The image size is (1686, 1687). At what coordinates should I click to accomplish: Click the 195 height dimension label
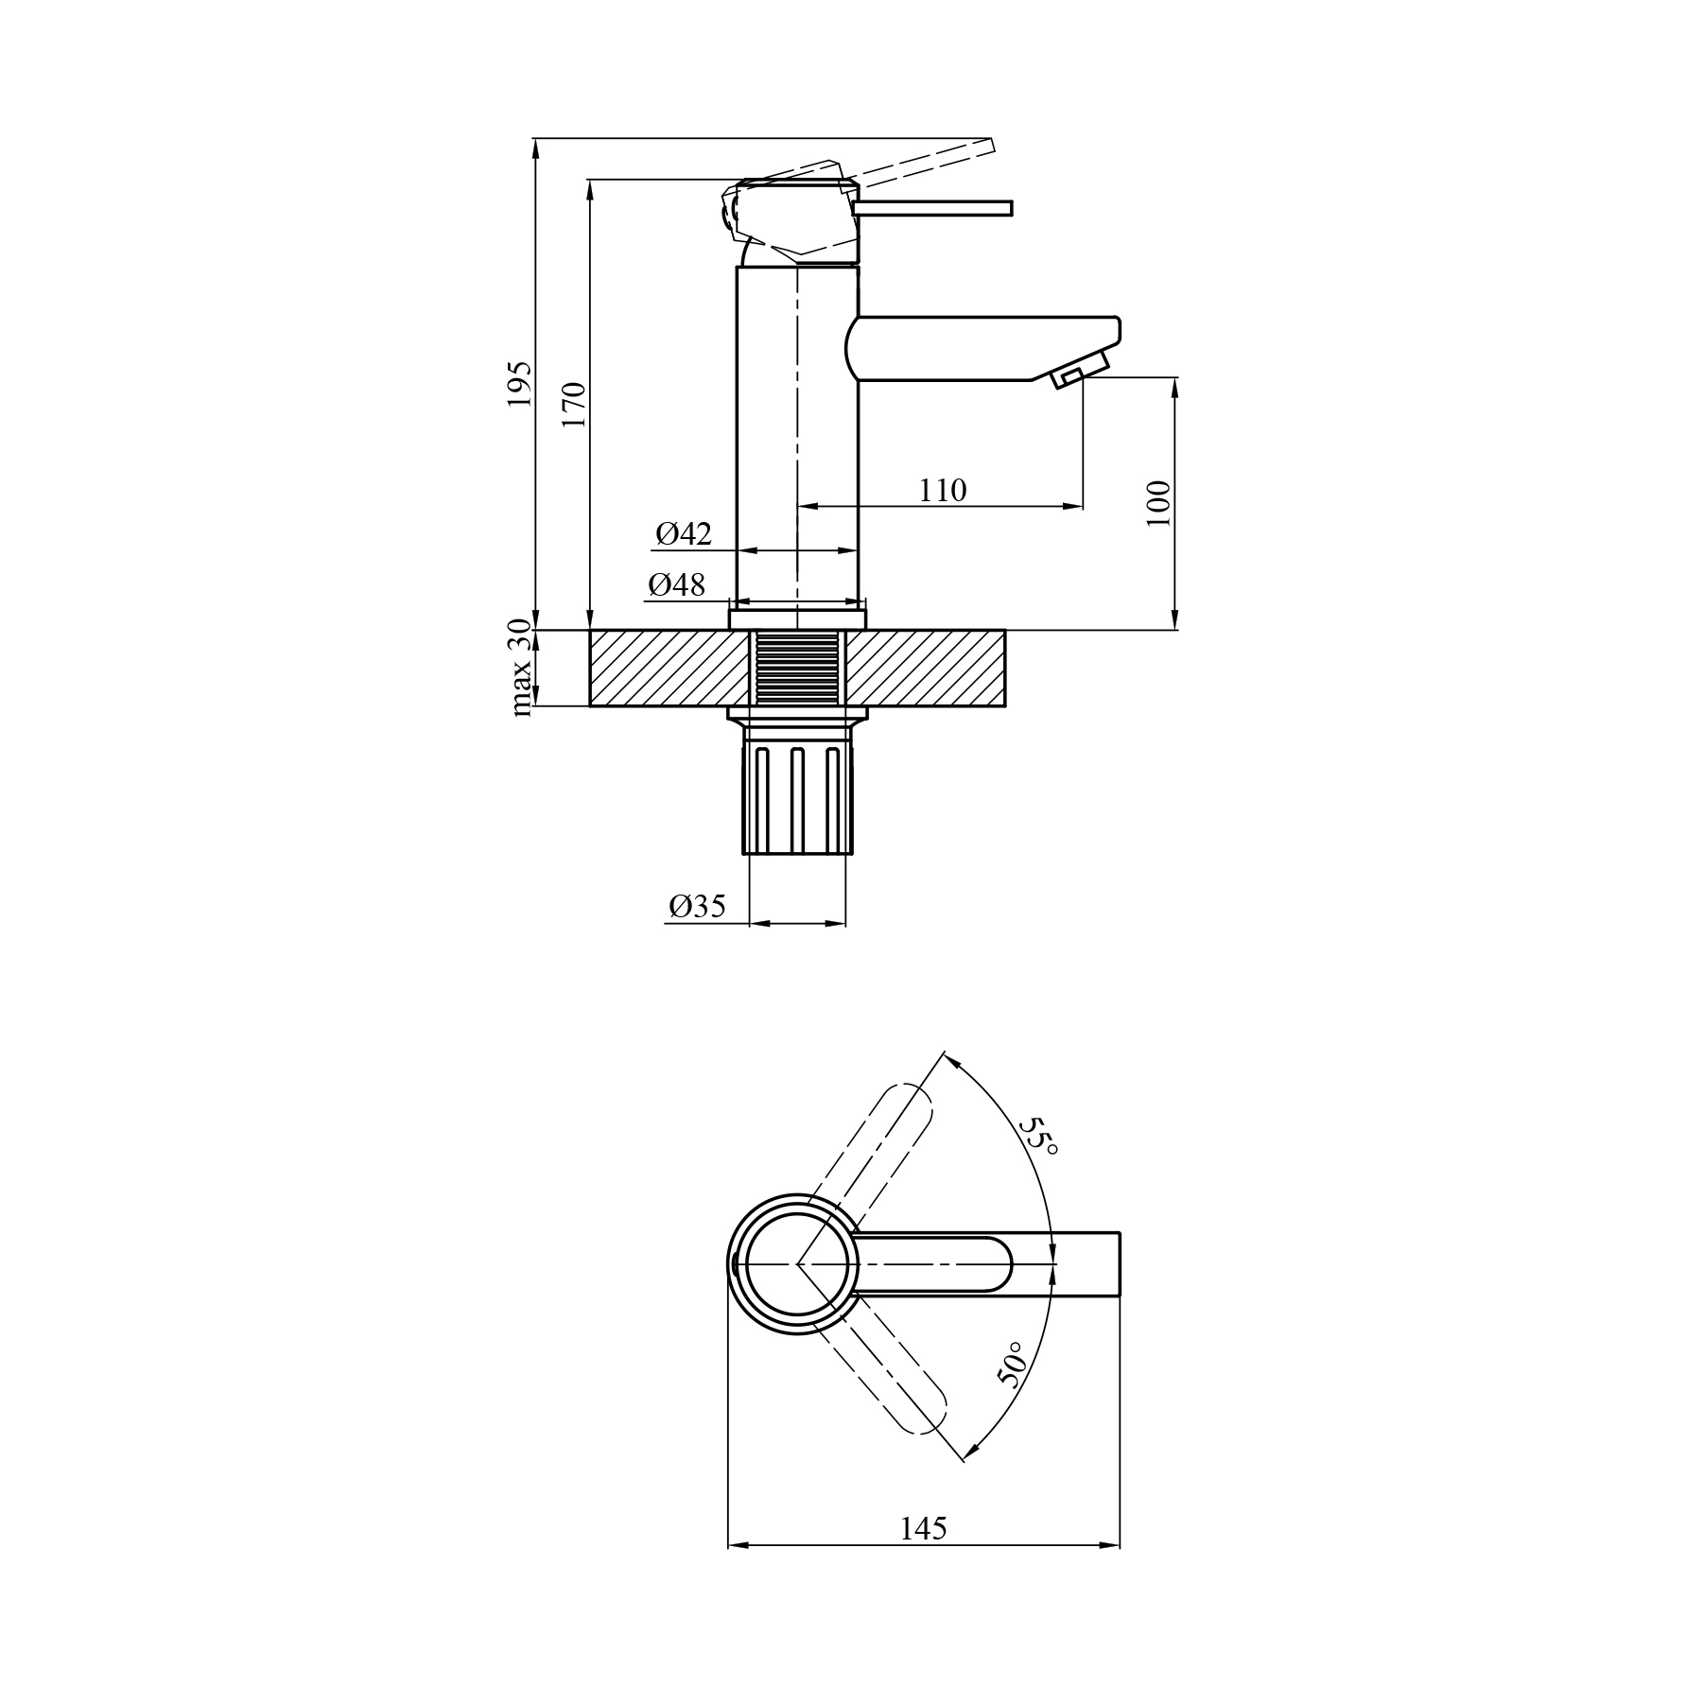pos(520,384)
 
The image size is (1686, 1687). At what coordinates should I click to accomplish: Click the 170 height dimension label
pos(574,405)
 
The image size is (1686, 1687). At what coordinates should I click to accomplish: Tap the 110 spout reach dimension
pos(943,491)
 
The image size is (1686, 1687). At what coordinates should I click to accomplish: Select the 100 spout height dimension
pos(1158,503)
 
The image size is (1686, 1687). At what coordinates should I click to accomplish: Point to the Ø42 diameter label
pos(684,534)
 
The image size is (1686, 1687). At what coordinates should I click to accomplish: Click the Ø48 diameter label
pos(677,585)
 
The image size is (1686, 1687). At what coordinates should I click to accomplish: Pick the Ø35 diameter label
pos(698,907)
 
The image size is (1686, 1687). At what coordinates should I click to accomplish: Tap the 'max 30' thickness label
pos(520,667)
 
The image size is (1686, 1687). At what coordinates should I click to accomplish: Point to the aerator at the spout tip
pos(1078,369)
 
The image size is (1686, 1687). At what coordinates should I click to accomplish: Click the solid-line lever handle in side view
pos(932,207)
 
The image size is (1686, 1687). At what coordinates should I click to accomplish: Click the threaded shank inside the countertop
pos(798,668)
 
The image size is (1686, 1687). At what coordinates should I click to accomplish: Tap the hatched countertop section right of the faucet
pos(928,668)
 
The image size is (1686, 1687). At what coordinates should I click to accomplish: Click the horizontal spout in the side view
pos(983,349)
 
